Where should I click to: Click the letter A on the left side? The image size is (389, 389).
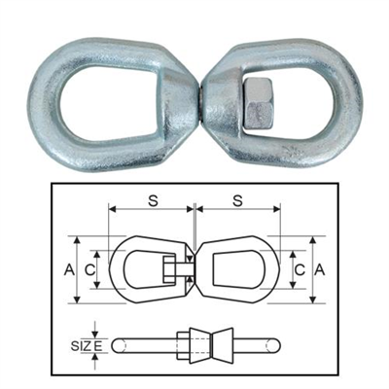[69, 266]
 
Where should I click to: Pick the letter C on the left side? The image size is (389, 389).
[89, 266]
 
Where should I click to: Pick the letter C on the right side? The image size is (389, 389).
[301, 266]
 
